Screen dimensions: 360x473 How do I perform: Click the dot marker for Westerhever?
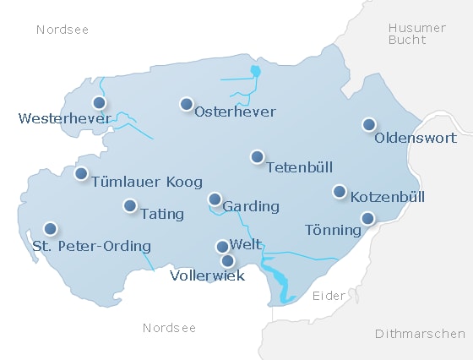click(100, 103)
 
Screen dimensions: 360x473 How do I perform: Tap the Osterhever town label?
click(235, 112)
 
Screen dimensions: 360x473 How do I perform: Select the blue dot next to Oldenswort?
click(368, 124)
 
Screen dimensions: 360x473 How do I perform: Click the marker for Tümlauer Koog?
click(81, 173)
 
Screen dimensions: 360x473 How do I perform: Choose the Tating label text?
click(162, 214)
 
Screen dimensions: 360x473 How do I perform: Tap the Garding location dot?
click(215, 199)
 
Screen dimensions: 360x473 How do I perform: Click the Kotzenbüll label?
click(387, 197)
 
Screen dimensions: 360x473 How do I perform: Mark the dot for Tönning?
click(367, 218)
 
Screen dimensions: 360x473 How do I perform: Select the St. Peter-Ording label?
click(91, 247)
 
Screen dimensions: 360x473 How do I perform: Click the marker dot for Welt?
click(222, 247)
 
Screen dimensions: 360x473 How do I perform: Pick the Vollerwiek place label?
click(207, 275)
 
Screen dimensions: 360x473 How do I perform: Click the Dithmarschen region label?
click(419, 334)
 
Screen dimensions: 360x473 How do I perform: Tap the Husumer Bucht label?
click(416, 35)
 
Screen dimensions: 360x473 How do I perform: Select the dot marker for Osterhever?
click(186, 104)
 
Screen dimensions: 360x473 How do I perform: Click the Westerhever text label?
click(64, 118)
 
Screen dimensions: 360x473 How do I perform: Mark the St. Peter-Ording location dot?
click(51, 228)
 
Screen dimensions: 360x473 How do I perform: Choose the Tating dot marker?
click(130, 205)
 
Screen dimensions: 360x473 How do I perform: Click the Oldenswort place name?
click(415, 138)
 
